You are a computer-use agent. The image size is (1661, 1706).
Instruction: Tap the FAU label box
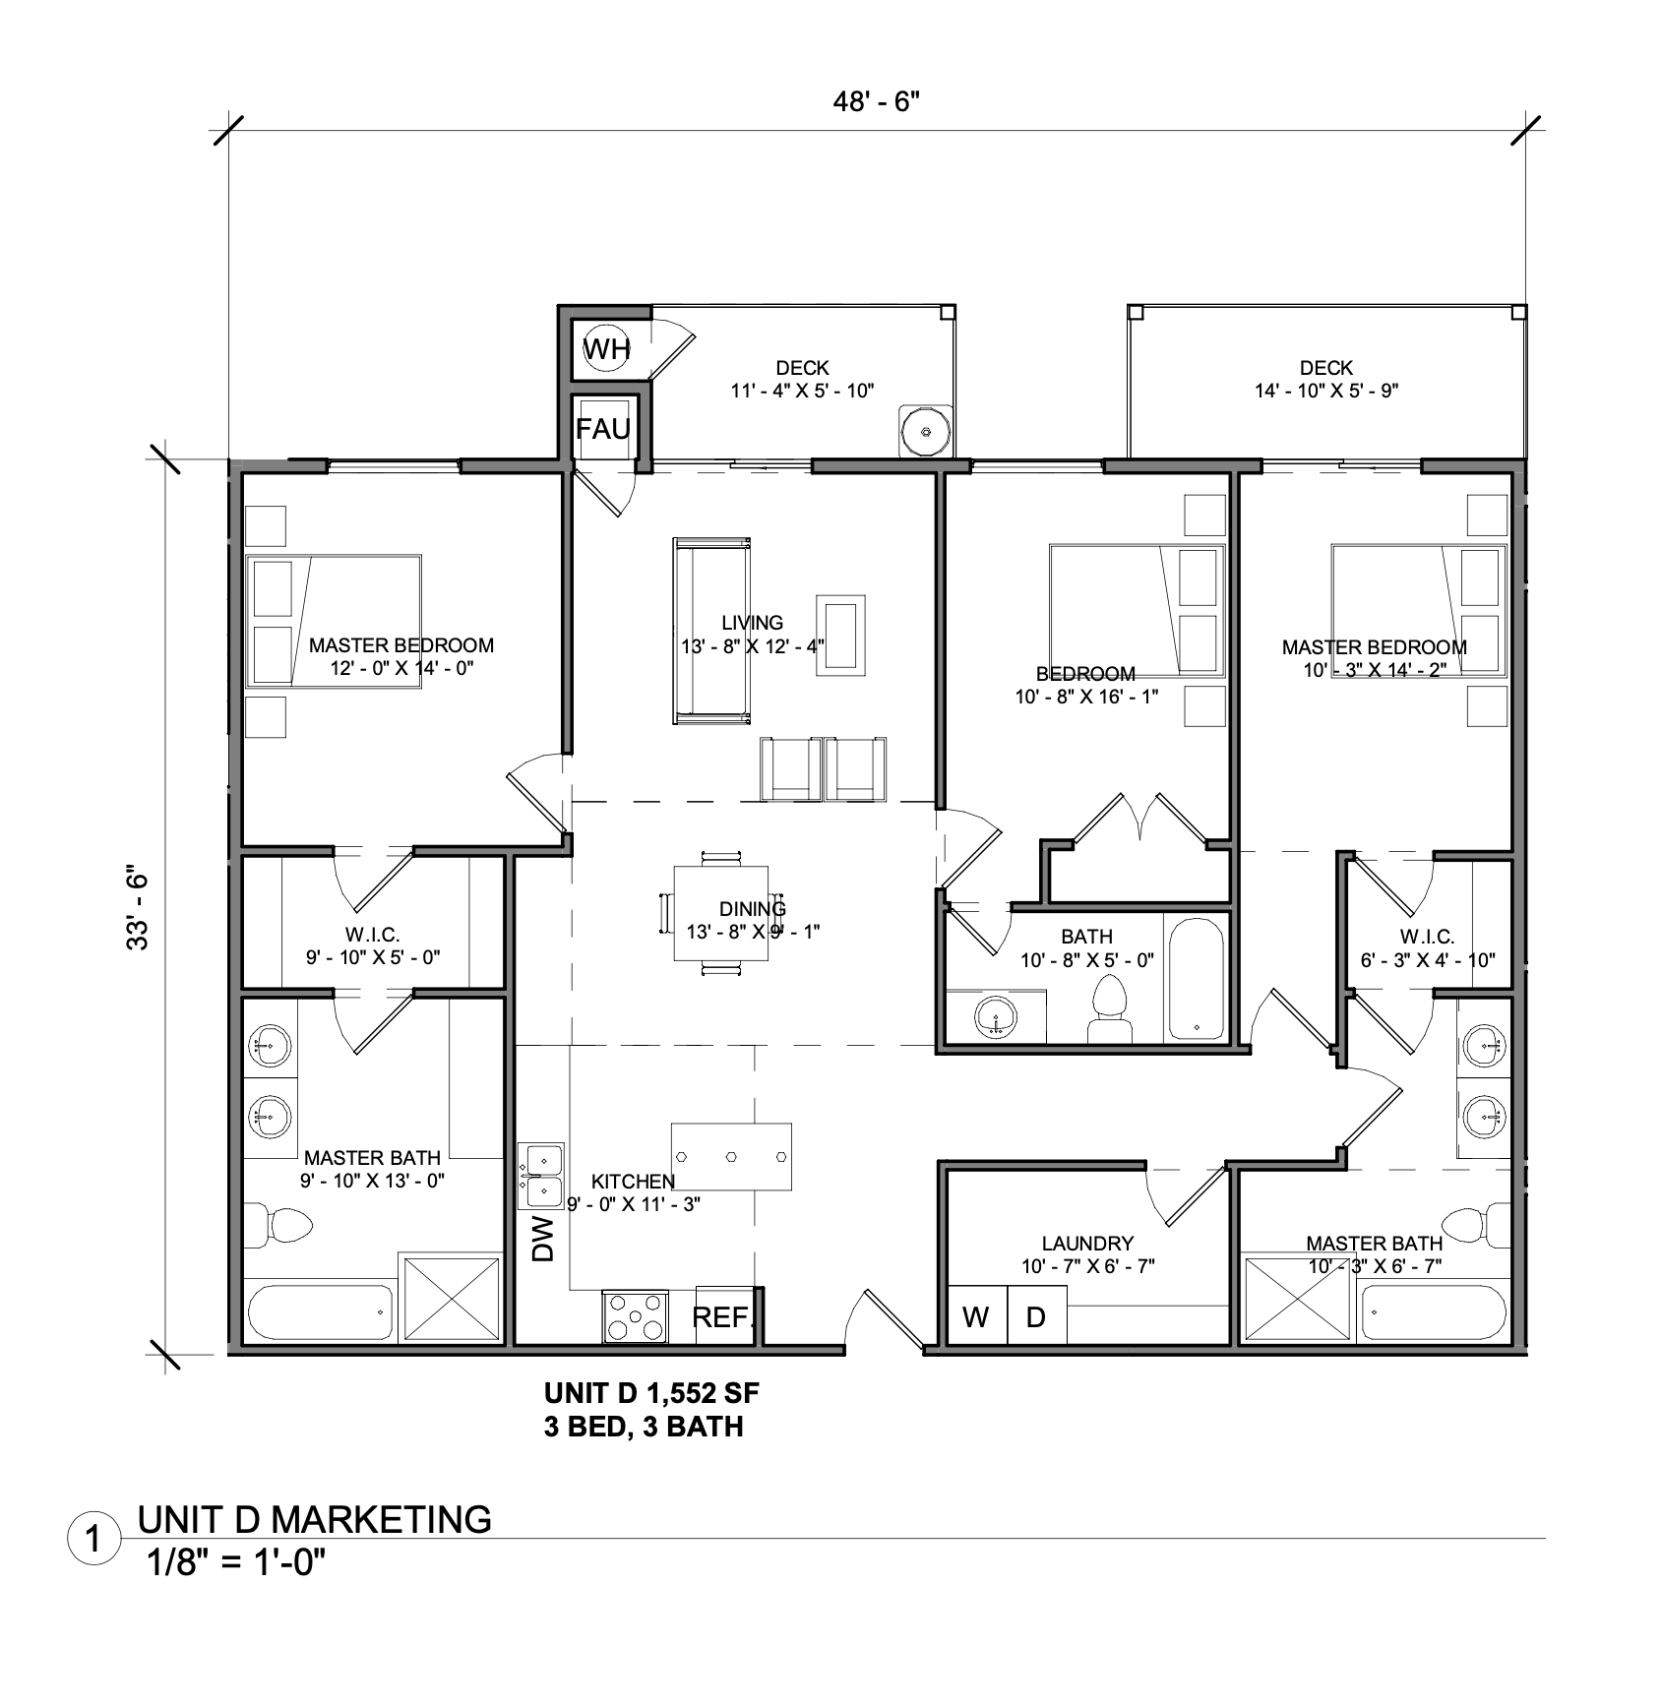(602, 429)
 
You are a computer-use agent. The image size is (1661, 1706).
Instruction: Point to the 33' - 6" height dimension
(138, 908)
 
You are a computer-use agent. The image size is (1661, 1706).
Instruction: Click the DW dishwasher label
(543, 1239)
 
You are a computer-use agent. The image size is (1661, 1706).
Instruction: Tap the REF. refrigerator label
(723, 1317)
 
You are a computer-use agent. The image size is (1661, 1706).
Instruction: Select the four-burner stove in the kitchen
(636, 1316)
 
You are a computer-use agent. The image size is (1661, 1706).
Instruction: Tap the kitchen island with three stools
(731, 1157)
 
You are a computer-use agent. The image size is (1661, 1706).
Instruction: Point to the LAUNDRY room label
(1087, 1244)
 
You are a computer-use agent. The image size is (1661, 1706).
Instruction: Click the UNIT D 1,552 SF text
(651, 1393)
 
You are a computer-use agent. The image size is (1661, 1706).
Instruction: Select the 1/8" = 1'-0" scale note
(235, 1562)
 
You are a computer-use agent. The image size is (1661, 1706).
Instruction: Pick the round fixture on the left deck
(925, 430)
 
